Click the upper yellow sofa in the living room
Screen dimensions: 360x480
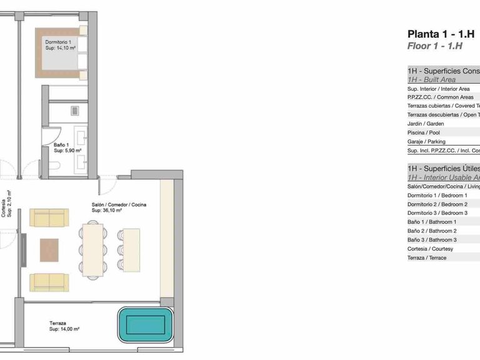(49, 218)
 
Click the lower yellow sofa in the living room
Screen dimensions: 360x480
(49, 282)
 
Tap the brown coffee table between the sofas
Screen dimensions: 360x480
(49, 250)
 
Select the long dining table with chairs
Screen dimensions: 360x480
(93, 250)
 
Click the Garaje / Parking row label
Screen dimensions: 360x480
(426, 142)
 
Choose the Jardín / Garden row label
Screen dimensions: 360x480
(425, 124)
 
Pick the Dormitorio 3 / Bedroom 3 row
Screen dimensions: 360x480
(437, 213)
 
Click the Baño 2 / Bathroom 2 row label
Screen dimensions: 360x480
(432, 231)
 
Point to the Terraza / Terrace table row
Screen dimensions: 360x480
(427, 257)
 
